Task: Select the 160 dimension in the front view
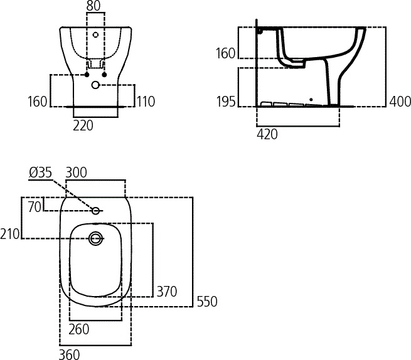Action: point(38,101)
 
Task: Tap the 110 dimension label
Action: point(146,101)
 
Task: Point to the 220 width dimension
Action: point(83,125)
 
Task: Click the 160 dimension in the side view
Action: point(226,53)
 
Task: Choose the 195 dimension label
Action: point(226,102)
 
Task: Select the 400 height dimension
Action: point(399,101)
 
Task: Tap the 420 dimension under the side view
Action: point(267,134)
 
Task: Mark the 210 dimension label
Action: point(11,234)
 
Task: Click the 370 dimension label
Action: point(166,291)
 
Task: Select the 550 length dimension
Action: point(206,302)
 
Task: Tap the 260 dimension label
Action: point(78,329)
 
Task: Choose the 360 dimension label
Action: point(69,354)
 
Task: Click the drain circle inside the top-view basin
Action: point(96,238)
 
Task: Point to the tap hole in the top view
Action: point(96,211)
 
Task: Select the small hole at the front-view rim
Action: point(96,34)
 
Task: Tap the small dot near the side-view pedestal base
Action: point(311,100)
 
